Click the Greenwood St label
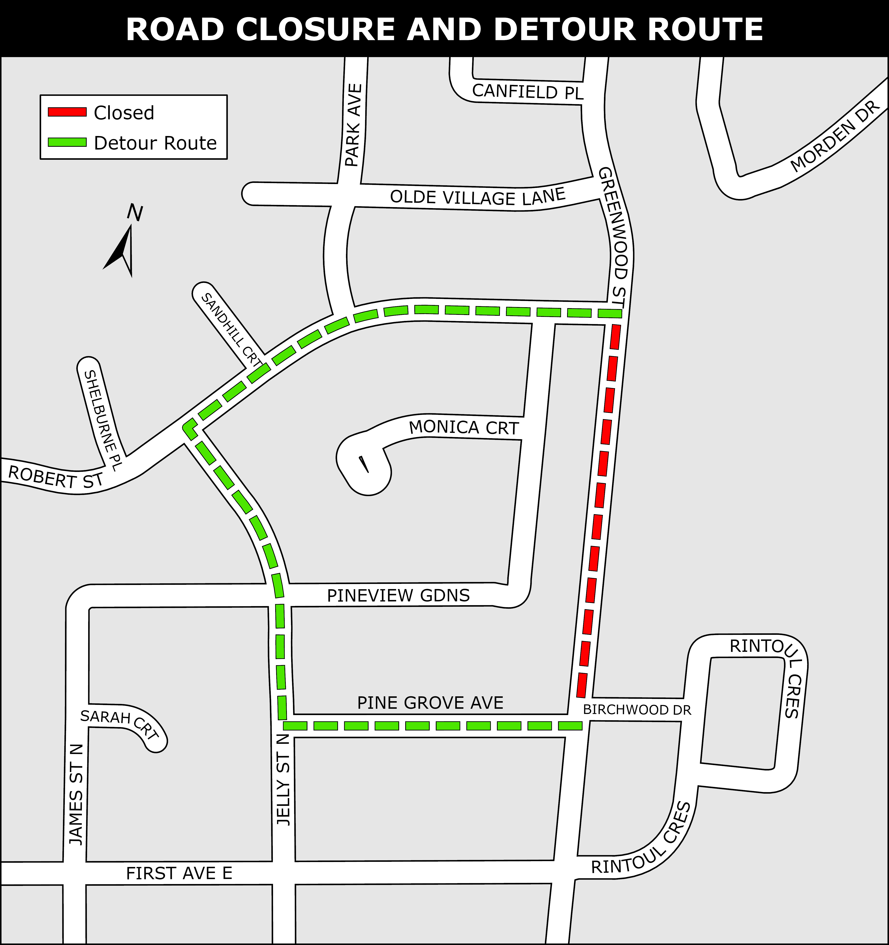(613, 238)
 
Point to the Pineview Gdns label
(398, 596)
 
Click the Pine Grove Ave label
(430, 703)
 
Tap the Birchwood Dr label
(637, 710)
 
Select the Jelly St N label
(283, 780)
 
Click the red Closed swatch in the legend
(67, 112)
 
